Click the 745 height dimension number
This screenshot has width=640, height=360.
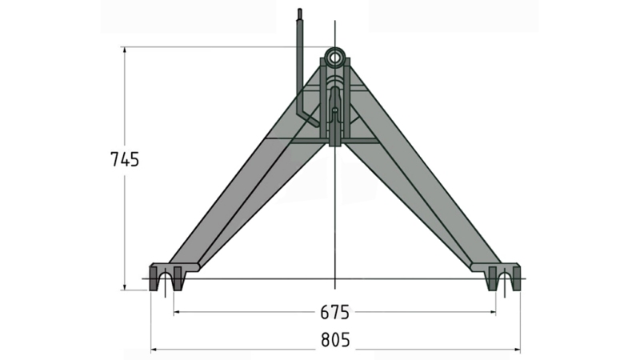125,159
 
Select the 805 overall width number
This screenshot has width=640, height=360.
335,340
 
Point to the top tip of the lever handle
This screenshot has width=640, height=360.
301,12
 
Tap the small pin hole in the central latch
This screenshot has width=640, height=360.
335,111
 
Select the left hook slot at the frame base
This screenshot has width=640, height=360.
167,282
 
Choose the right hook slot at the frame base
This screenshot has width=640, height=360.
502,282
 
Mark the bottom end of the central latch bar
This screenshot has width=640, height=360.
335,144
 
